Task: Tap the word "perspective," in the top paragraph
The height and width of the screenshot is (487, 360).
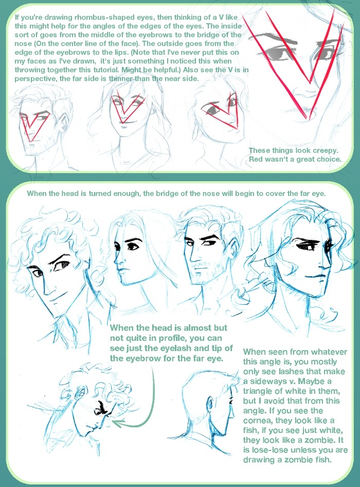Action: [36, 79]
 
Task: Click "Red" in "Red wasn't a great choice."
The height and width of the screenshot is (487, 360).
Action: [256, 160]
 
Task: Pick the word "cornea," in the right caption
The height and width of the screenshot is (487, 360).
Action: [257, 421]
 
